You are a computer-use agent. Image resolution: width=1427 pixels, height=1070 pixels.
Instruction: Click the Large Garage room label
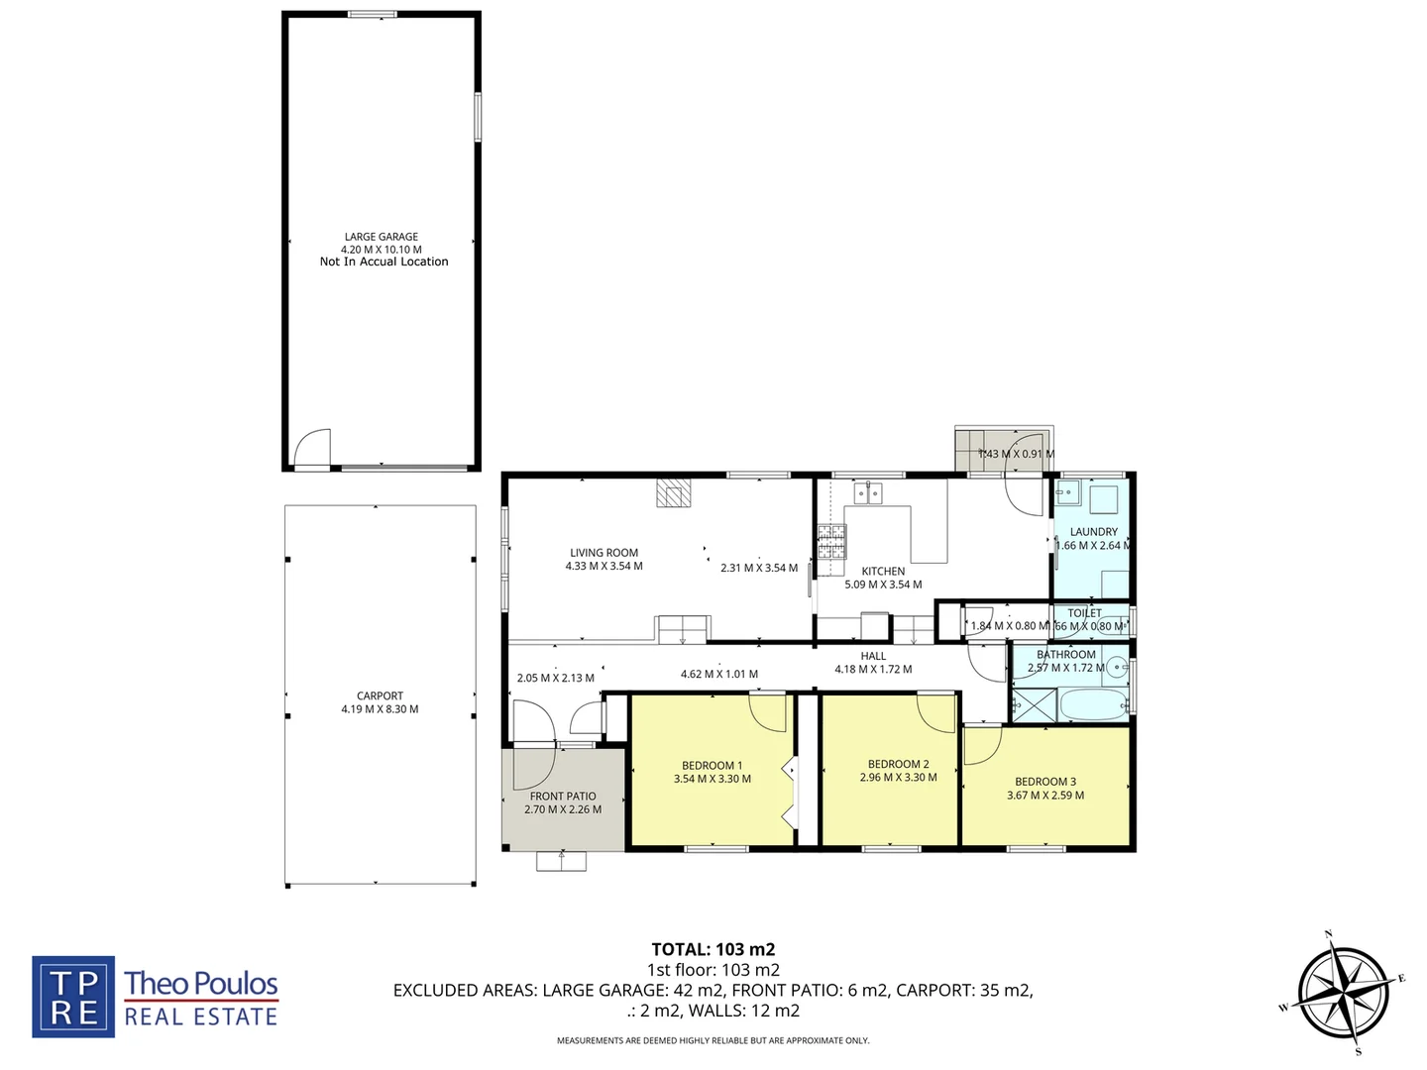382,237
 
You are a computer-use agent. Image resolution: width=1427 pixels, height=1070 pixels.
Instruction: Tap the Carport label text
380,695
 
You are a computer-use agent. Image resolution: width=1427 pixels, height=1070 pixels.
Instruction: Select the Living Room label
604,553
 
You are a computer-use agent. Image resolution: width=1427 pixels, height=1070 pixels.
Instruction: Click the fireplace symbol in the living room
672,493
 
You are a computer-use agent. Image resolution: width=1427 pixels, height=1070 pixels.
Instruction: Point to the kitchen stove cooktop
831,541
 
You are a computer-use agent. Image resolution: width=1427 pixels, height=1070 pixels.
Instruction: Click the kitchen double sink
869,492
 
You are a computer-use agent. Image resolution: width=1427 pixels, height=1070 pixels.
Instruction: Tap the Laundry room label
1093,532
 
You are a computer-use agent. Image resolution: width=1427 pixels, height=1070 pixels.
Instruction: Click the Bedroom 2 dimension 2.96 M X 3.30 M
898,778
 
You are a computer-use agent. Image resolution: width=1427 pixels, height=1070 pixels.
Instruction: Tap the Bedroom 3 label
1044,782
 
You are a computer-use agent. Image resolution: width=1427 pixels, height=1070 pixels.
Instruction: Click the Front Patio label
563,796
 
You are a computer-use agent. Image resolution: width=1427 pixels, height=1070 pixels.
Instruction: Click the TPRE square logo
73,997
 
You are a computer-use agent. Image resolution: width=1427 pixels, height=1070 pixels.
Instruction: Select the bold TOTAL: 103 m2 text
713,949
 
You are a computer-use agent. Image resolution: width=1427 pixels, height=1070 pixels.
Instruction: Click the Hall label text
873,656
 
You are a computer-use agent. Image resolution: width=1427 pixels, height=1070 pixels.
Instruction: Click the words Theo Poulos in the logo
201,983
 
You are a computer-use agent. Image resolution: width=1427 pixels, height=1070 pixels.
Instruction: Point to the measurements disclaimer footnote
713,1040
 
